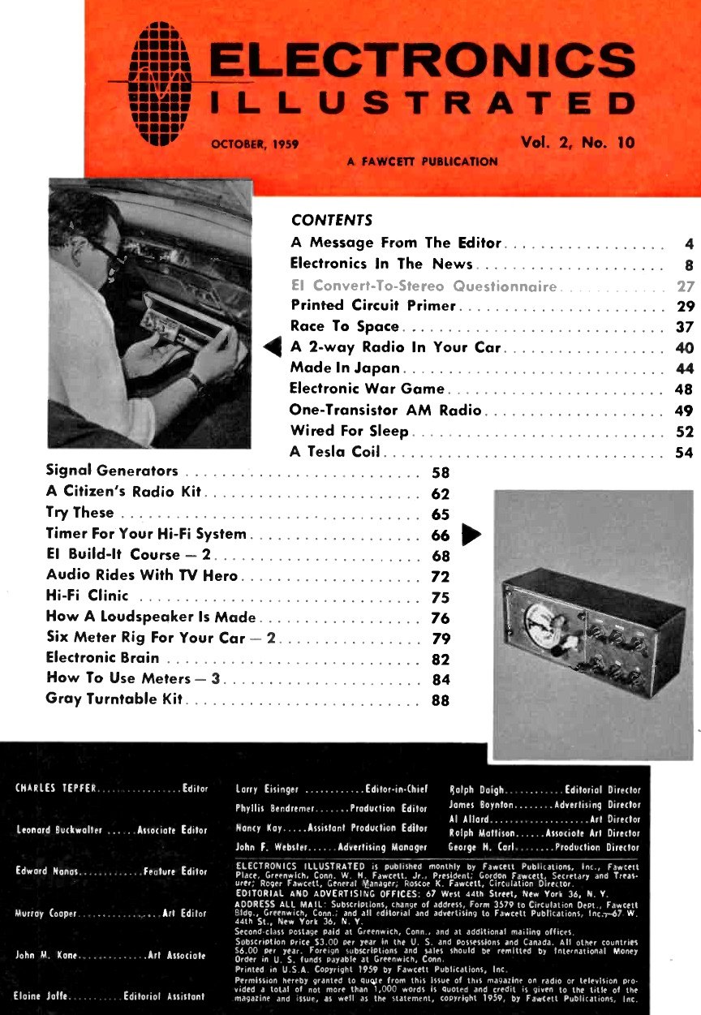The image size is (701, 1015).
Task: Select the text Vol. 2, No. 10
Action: (x=578, y=144)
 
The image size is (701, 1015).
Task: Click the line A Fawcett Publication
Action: (x=422, y=161)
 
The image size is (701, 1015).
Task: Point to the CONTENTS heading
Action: (x=331, y=220)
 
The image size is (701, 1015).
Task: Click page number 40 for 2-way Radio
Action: (x=684, y=349)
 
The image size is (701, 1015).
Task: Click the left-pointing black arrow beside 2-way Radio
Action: (x=273, y=348)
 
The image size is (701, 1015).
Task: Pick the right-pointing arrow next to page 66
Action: (x=471, y=534)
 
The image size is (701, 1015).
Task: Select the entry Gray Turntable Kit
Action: (x=115, y=699)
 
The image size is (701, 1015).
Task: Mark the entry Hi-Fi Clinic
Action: (x=88, y=596)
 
